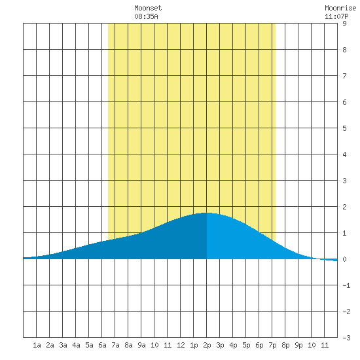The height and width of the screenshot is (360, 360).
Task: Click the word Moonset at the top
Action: pos(148,8)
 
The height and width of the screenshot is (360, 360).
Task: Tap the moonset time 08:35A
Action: pos(146,16)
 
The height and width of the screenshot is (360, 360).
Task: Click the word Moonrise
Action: pos(340,8)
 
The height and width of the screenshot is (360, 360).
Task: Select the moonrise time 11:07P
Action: pos(336,16)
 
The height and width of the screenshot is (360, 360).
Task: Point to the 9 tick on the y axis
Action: pos(344,24)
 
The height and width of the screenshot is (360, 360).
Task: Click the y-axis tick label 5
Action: pos(344,128)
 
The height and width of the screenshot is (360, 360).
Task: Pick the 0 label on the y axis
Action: pos(344,259)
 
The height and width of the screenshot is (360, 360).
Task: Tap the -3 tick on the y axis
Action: pos(346,338)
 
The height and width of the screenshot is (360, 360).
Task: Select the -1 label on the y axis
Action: pos(346,285)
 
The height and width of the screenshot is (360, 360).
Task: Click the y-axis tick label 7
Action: pos(344,76)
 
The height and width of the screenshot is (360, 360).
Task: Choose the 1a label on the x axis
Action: pos(37,345)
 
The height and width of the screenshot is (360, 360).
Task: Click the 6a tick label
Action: pos(102,345)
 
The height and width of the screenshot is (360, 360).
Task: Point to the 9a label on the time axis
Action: pos(141,345)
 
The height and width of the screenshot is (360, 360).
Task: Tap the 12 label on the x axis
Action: pos(181,345)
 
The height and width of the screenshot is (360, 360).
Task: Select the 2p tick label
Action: pos(207,345)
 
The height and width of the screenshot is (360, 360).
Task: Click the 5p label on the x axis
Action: pos(246,345)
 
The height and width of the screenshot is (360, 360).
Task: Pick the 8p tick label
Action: pos(285,345)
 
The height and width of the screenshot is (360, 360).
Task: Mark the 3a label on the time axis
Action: pos(63,345)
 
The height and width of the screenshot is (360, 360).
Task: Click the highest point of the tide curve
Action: pos(207,213)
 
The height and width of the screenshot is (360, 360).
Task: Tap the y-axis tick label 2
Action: pos(344,207)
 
